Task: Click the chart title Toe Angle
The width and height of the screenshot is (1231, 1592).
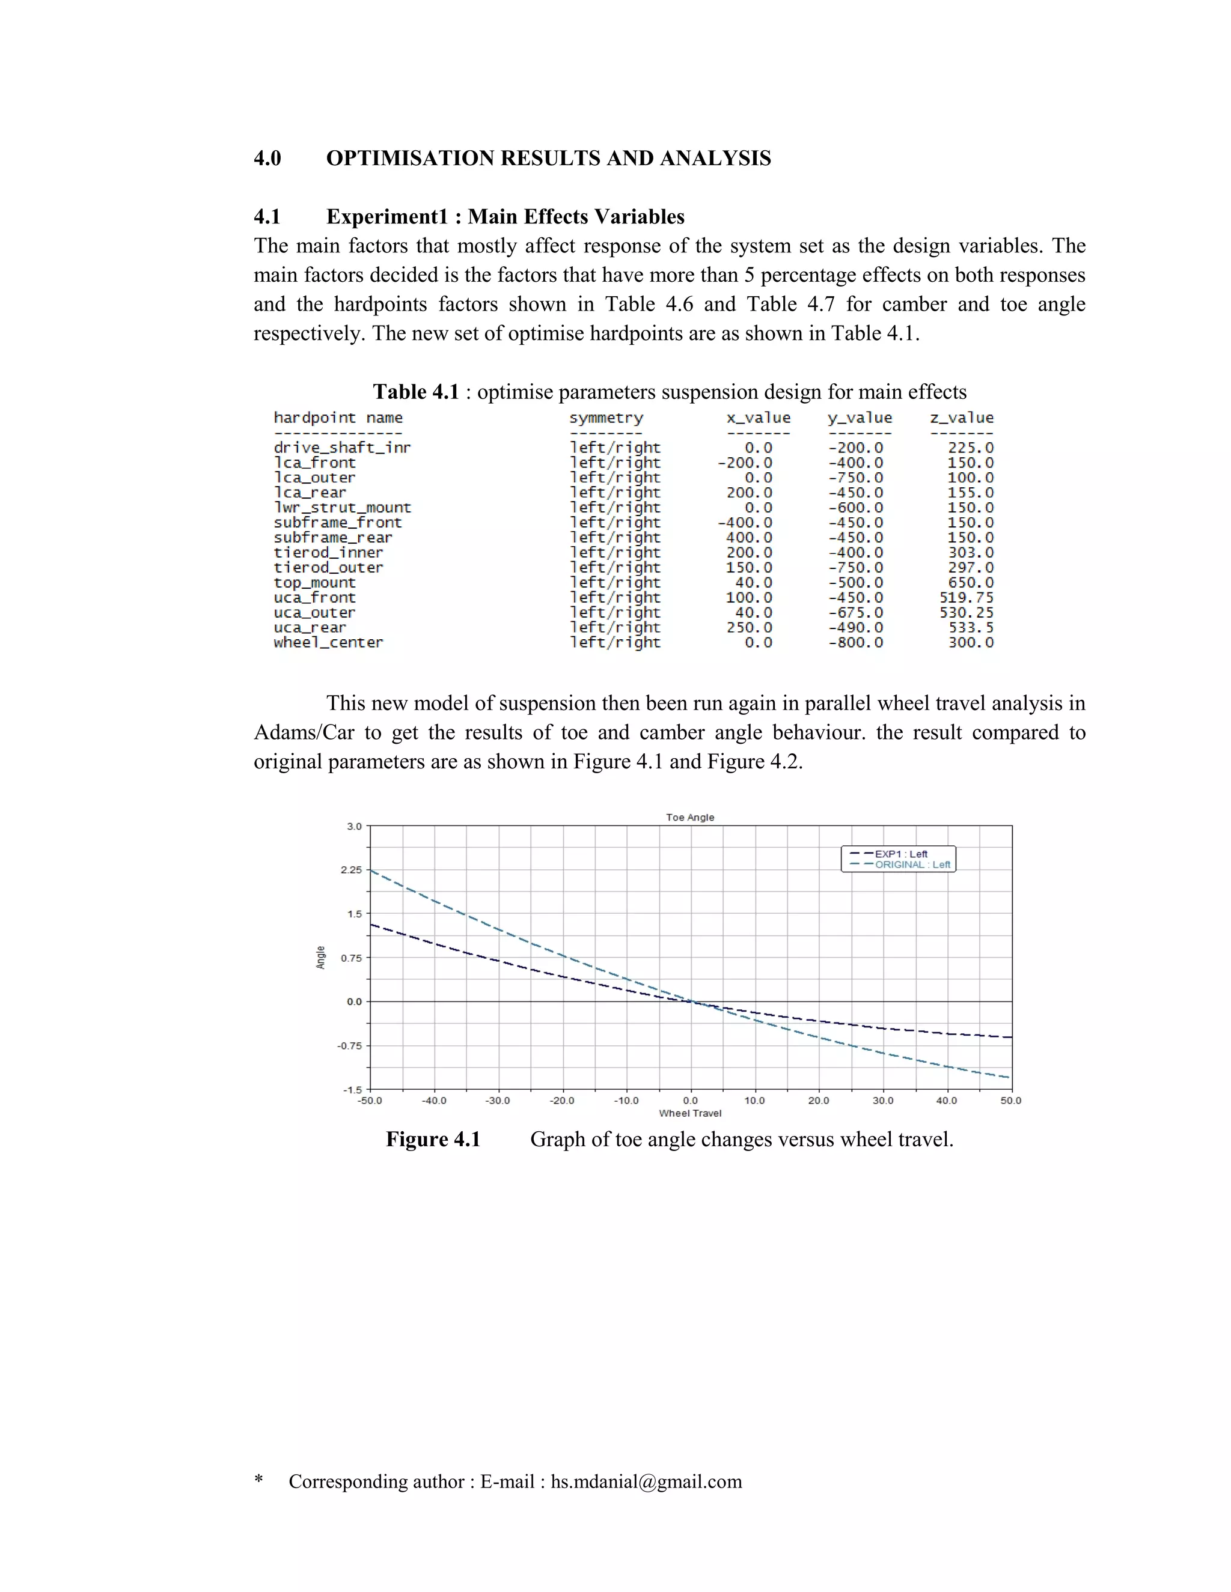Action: pyautogui.click(x=690, y=817)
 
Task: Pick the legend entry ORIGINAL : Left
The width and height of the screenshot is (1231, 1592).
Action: pyautogui.click(x=912, y=864)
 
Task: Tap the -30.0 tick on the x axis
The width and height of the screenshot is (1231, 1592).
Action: pyautogui.click(x=498, y=1101)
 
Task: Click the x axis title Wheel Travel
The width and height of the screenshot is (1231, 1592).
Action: pyautogui.click(x=690, y=1113)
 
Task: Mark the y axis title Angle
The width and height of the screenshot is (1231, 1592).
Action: pyautogui.click(x=320, y=957)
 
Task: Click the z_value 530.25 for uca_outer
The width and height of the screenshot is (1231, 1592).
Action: pyautogui.click(x=967, y=612)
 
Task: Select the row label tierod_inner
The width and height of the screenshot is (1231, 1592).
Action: pyautogui.click(x=328, y=553)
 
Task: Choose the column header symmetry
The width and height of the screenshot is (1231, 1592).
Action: pyautogui.click(x=606, y=418)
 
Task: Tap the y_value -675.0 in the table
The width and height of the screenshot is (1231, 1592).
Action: pyautogui.click(x=855, y=612)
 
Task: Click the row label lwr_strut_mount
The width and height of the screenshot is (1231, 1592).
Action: pyautogui.click(x=342, y=508)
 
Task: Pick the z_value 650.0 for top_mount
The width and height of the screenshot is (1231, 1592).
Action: pyautogui.click(x=971, y=582)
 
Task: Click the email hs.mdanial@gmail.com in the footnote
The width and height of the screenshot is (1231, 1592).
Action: pyautogui.click(x=646, y=1481)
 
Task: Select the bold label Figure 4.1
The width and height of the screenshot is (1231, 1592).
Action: pyautogui.click(x=433, y=1139)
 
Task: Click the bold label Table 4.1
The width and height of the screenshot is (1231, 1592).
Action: pyautogui.click(x=416, y=392)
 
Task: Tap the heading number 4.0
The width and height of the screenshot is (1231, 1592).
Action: pyautogui.click(x=267, y=158)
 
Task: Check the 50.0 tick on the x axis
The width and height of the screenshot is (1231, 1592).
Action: pyautogui.click(x=1011, y=1101)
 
